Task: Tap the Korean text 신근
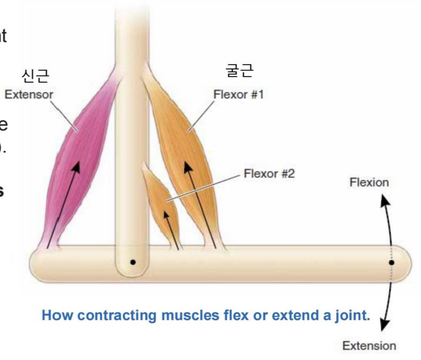[x=36, y=76]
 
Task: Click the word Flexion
[x=369, y=182]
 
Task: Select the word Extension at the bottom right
[x=369, y=346]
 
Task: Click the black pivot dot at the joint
[x=133, y=262]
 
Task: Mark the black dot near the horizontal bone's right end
[x=392, y=262]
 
